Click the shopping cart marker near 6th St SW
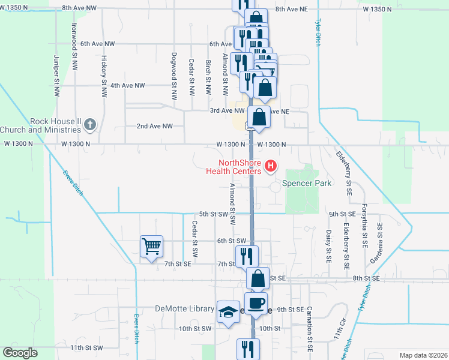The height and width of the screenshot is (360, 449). pos(151,245)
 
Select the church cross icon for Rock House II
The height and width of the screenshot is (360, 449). pos(90,125)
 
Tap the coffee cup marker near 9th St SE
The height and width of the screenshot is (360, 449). pos(256,302)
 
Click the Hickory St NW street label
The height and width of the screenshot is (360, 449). pos(104,77)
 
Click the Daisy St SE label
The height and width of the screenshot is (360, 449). pos(329,247)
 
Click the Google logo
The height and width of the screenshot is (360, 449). pos(20,352)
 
